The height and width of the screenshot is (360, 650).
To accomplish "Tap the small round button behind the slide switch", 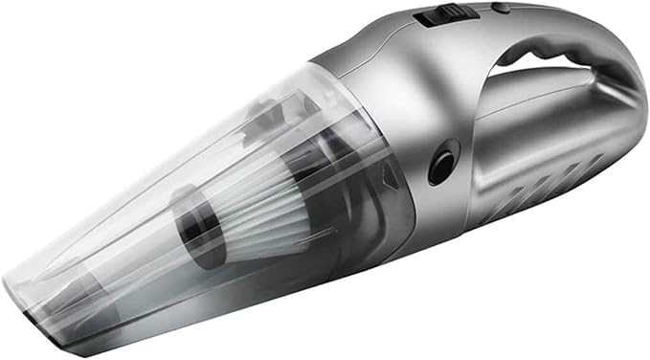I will tap(499, 9).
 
